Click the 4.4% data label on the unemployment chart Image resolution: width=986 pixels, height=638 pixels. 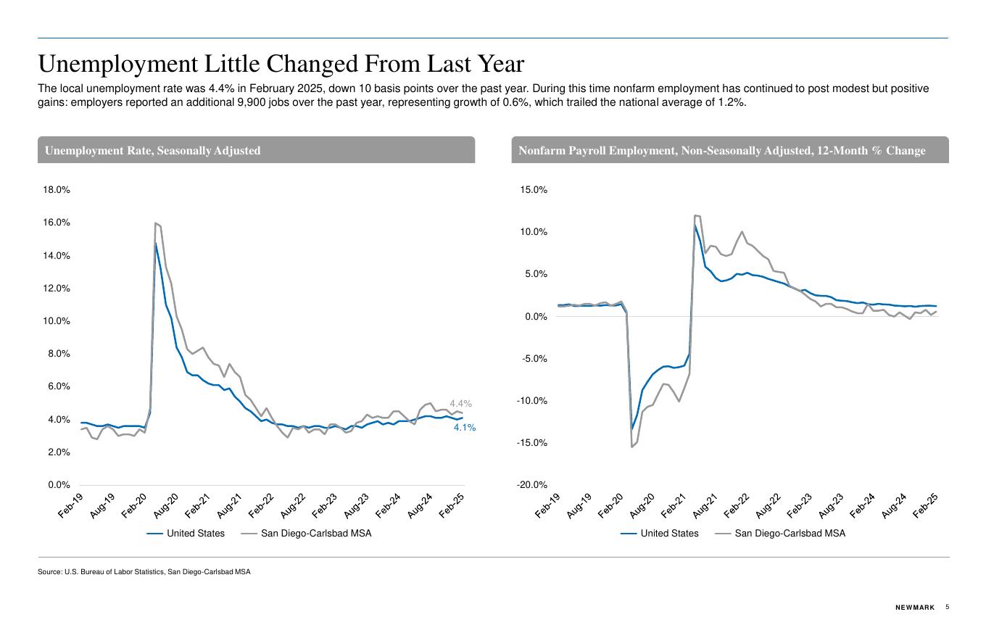click(x=460, y=404)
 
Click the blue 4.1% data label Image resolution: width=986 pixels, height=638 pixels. click(x=465, y=428)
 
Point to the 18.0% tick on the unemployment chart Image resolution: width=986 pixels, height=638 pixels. click(x=57, y=190)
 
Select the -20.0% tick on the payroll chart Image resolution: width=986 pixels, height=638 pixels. click(x=531, y=485)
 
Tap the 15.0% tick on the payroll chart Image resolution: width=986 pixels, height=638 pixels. click(x=533, y=190)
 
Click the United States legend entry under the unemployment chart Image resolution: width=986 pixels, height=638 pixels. click(x=186, y=534)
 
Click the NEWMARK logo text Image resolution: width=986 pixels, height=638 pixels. click(x=915, y=608)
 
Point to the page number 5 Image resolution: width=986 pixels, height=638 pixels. click(x=948, y=608)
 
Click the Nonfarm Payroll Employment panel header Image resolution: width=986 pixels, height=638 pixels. click(x=722, y=151)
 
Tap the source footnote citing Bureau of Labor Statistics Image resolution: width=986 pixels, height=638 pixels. click(x=144, y=572)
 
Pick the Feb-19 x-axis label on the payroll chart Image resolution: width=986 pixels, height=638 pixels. click(x=548, y=505)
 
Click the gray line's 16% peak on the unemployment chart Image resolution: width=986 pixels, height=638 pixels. click(x=156, y=223)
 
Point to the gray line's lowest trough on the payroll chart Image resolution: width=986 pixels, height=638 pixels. click(x=631, y=447)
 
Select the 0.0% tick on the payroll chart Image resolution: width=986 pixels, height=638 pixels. click(x=534, y=317)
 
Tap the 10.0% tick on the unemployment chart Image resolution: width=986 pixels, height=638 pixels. click(x=57, y=321)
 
